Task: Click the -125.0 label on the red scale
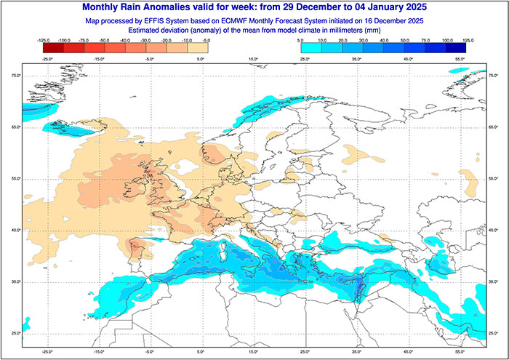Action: coord(41,41)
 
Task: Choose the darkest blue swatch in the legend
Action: coord(456,47)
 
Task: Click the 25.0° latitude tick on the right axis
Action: coord(494,333)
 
